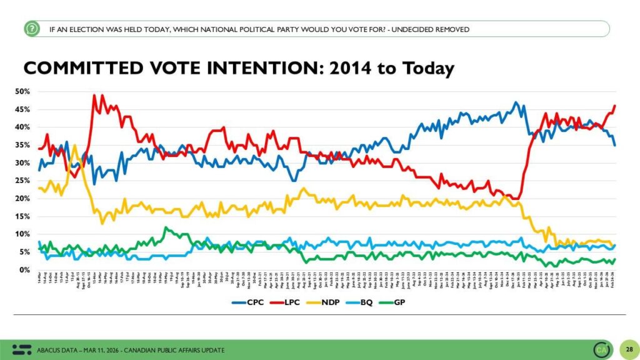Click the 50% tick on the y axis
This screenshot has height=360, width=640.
(23, 92)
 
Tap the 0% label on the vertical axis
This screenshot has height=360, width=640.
(26, 270)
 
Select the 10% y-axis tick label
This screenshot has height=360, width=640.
(23, 234)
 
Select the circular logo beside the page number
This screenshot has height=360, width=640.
(602, 349)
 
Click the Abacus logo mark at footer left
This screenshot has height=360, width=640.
(22, 349)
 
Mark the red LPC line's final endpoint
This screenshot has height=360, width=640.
(615, 106)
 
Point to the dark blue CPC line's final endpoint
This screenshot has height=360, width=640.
(615, 145)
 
